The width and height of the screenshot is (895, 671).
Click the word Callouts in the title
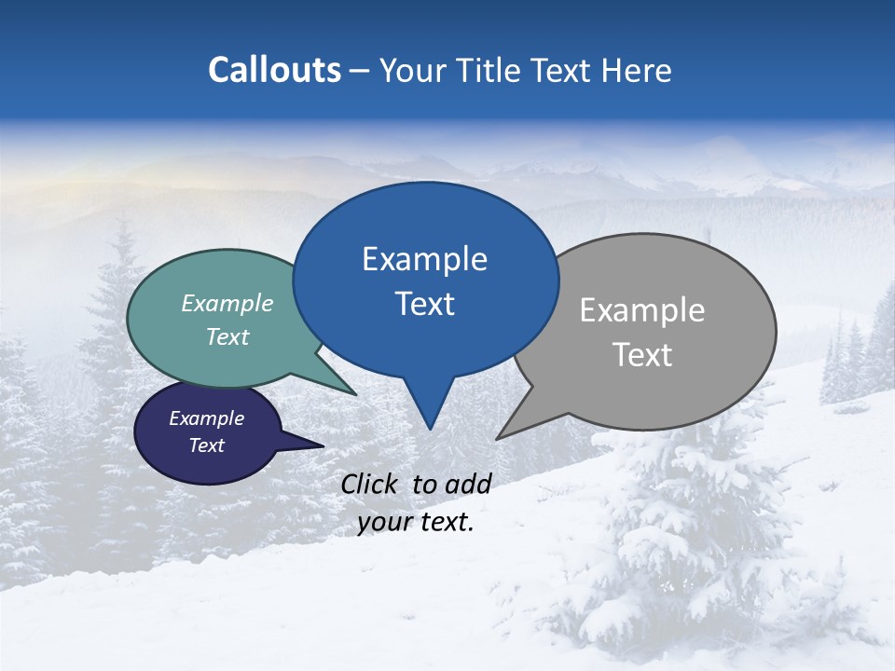[x=274, y=70]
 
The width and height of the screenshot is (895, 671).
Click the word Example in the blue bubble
[x=424, y=259]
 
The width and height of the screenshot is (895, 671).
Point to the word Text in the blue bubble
[x=424, y=304]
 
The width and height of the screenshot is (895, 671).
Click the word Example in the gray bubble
[x=642, y=310]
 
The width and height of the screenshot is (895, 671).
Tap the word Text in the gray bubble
[x=642, y=355]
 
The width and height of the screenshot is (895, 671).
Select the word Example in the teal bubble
[x=227, y=303]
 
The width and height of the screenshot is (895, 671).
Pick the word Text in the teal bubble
[x=227, y=336]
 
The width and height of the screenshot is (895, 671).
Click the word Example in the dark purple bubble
[x=207, y=418]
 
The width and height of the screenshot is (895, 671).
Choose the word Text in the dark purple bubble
[x=207, y=445]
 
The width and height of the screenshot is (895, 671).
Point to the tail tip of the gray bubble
[x=498, y=438]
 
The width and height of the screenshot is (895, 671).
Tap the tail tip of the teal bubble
[x=355, y=394]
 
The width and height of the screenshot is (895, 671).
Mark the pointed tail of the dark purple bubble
[x=322, y=445]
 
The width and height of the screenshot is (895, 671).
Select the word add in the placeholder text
[x=467, y=484]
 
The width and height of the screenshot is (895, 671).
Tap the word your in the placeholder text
[x=383, y=522]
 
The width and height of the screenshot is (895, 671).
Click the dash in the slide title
[x=360, y=70]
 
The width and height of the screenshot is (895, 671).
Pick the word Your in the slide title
[x=410, y=70]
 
